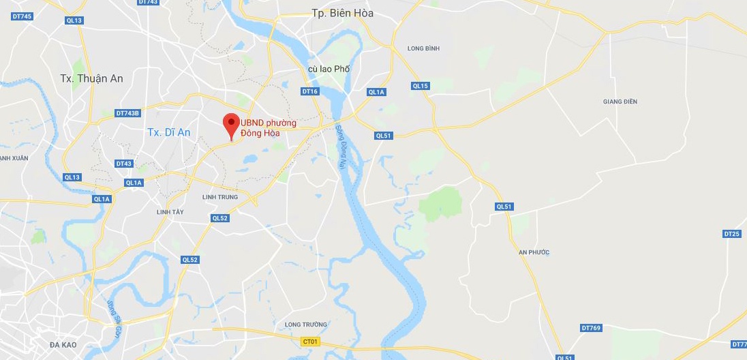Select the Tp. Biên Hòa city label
pyautogui.click(x=342, y=13)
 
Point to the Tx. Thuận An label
pyautogui.click(x=91, y=78)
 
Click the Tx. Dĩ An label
pyautogui.click(x=168, y=132)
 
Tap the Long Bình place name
pyautogui.click(x=423, y=48)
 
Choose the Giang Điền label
pyautogui.click(x=620, y=102)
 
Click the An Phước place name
pyautogui.click(x=534, y=252)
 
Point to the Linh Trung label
pyautogui.click(x=219, y=197)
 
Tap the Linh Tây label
pyautogui.click(x=170, y=212)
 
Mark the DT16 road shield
pyautogui.click(x=309, y=91)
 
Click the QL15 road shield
pyautogui.click(x=420, y=86)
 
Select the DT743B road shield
pyautogui.click(x=127, y=113)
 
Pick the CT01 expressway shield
pyautogui.click(x=311, y=341)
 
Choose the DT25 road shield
pyautogui.click(x=731, y=234)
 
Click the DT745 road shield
pyautogui.click(x=22, y=16)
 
